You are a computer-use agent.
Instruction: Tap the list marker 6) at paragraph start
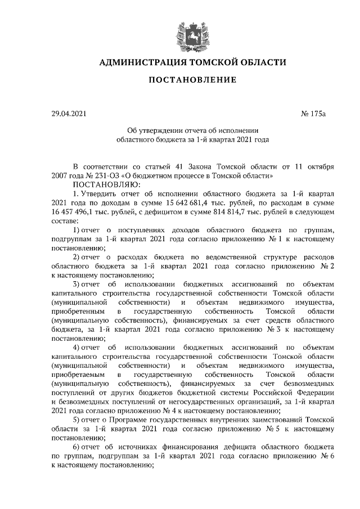pyautogui.click(x=77, y=447)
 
